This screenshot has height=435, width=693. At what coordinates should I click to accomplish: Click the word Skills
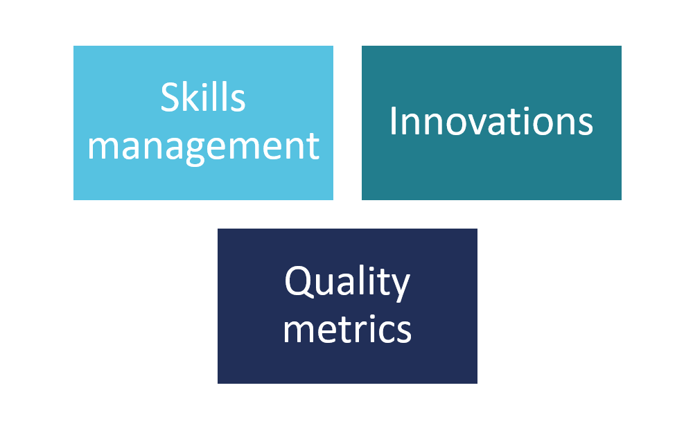(x=203, y=97)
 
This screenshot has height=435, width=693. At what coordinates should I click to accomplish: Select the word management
(x=203, y=147)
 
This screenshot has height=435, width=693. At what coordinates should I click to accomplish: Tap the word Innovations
(x=491, y=121)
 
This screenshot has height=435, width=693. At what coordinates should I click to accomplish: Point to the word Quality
(x=347, y=283)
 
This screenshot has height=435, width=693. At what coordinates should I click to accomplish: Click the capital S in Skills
(x=169, y=97)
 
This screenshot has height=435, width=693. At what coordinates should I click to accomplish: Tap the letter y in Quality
(x=400, y=287)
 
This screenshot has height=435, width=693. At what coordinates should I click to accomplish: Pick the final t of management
(x=313, y=148)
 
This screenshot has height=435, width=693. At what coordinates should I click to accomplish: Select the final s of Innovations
(x=584, y=124)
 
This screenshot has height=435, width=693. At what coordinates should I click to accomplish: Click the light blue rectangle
(x=203, y=123)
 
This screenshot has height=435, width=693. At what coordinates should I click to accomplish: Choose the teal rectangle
(x=491, y=123)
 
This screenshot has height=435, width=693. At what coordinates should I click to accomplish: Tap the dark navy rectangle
(x=347, y=306)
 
